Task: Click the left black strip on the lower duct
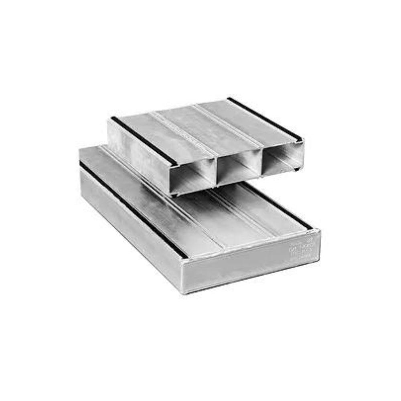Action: (x=132, y=209)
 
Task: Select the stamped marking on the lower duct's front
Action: (x=303, y=249)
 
